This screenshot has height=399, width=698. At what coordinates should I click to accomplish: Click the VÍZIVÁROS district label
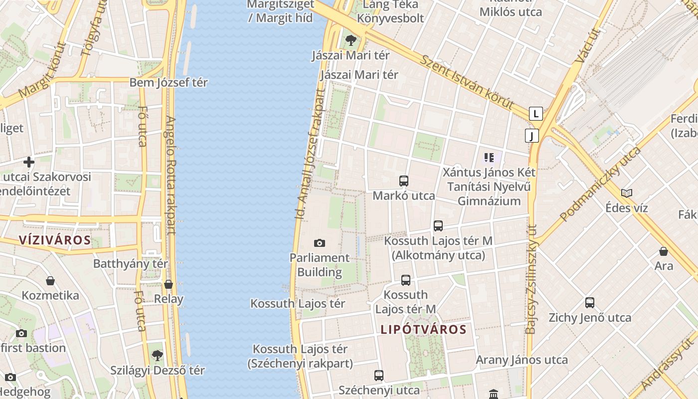[x=55, y=240]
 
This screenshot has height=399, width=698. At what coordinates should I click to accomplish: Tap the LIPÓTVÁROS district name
[x=423, y=329]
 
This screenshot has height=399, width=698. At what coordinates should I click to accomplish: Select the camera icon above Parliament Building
[x=320, y=243]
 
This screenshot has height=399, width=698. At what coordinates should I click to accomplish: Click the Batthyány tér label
[x=131, y=263]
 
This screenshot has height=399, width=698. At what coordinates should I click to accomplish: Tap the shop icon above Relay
[x=169, y=284]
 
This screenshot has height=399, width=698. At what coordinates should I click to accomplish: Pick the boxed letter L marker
[x=536, y=114]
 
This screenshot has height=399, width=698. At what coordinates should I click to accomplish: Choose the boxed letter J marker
[x=532, y=136]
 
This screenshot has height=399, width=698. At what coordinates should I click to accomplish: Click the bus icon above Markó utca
[x=404, y=181]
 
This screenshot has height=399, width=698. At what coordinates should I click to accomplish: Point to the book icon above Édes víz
[x=627, y=193]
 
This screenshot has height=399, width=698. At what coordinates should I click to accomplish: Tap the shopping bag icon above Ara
[x=664, y=251]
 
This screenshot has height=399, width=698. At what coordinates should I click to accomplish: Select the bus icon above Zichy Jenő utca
[x=590, y=303]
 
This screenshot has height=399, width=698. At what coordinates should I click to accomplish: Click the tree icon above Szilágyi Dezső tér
[x=158, y=356]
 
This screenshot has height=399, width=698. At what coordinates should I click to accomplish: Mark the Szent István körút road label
[x=467, y=82]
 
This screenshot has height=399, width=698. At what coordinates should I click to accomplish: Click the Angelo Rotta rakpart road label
[x=171, y=175]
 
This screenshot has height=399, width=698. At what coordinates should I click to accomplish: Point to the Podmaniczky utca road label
[x=600, y=184]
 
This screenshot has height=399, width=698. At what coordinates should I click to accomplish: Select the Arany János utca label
[x=522, y=360]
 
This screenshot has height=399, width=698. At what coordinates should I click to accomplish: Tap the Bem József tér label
[x=169, y=82]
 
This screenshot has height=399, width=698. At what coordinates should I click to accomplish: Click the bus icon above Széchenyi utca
[x=379, y=375]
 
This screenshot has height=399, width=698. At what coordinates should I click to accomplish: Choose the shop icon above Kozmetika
[x=50, y=281]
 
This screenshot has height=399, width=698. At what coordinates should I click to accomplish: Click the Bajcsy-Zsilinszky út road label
[x=531, y=279]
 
